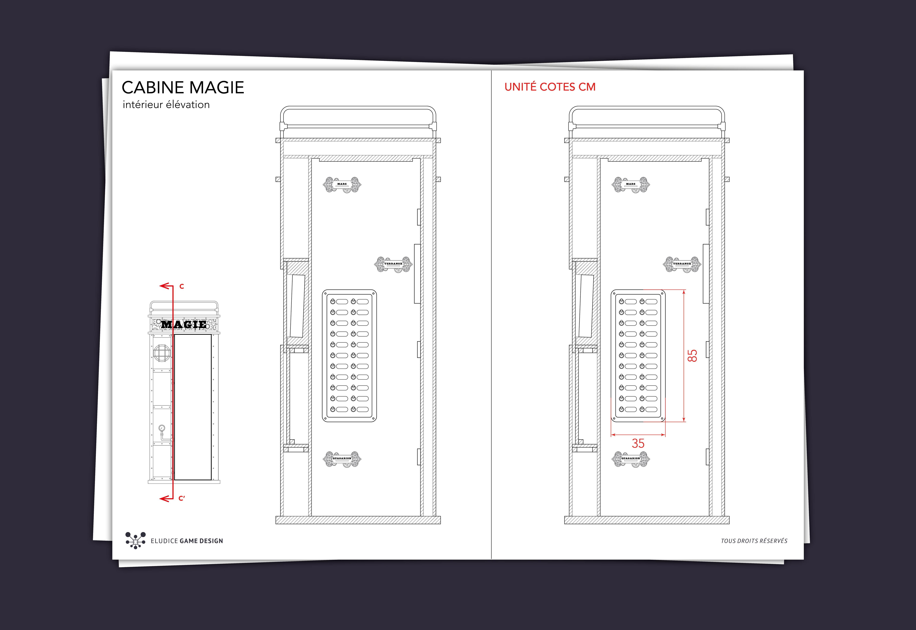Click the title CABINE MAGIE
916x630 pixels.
point(183,88)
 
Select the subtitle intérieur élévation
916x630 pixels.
point(166,105)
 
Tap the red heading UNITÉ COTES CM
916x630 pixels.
point(550,87)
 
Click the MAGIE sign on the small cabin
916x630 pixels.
point(184,324)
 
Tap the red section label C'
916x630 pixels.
point(182,498)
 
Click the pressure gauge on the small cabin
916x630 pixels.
point(162,428)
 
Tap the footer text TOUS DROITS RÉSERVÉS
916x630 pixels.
point(754,541)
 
